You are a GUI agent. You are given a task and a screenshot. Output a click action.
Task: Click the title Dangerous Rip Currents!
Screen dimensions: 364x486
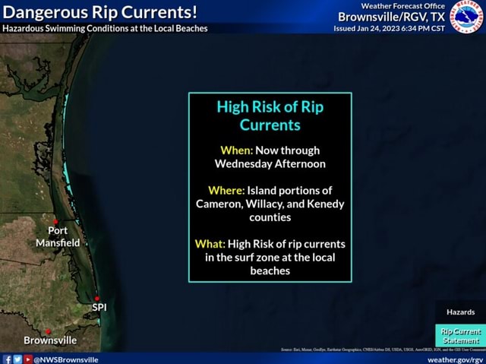pyautogui.click(x=100, y=12)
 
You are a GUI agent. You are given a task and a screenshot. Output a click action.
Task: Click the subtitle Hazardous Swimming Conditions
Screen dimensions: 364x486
pyautogui.click(x=105, y=28)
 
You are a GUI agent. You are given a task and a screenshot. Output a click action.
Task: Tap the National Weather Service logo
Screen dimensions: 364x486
pyautogui.click(x=467, y=17)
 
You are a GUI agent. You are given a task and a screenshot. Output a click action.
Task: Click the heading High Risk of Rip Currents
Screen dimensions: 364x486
pyautogui.click(x=270, y=116)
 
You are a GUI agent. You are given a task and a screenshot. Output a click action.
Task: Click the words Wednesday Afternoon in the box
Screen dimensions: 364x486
pyautogui.click(x=270, y=163)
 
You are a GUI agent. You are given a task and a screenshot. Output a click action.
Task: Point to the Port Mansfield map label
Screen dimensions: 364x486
pyautogui.click(x=58, y=236)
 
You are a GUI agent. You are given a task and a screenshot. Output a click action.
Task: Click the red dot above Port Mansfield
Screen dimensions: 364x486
pyautogui.click(x=55, y=221)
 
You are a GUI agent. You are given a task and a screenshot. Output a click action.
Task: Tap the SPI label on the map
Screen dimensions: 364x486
pyautogui.click(x=99, y=307)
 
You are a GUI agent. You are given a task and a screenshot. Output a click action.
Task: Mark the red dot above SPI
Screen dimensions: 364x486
pyautogui.click(x=96, y=298)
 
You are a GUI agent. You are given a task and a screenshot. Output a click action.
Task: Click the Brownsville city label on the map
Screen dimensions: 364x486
pyautogui.click(x=50, y=340)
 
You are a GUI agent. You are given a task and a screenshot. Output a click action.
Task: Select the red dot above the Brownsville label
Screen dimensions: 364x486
pyautogui.click(x=48, y=331)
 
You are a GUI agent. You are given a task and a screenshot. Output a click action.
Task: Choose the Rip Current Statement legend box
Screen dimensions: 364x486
pyautogui.click(x=460, y=335)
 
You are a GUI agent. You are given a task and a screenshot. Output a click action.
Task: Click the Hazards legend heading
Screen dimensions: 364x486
pyautogui.click(x=460, y=312)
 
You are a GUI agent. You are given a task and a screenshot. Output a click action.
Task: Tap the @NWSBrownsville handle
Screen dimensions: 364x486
pyautogui.click(x=65, y=359)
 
